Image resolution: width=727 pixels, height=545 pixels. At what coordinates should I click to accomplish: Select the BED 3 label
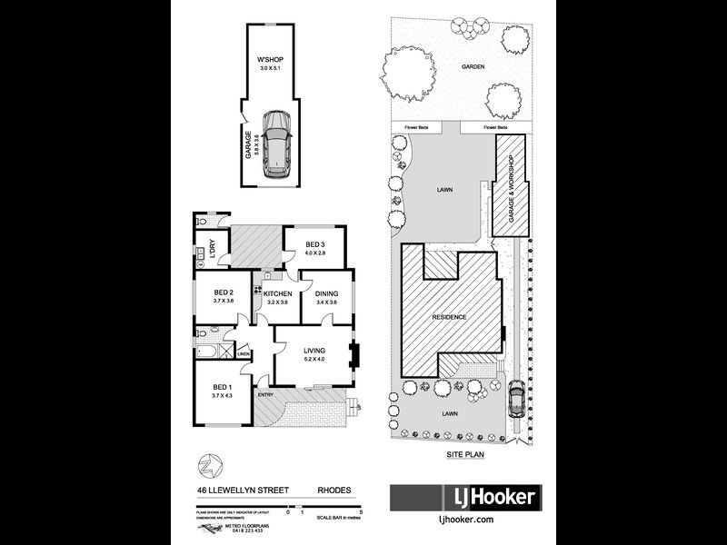click(x=314, y=244)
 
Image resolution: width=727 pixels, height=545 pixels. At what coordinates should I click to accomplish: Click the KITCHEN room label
click(x=277, y=294)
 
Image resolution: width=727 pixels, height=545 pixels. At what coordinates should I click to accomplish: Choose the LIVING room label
click(x=314, y=349)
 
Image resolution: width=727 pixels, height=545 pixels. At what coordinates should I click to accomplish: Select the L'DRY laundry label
click(x=212, y=248)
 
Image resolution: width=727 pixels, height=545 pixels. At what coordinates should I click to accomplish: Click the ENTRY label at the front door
click(x=265, y=394)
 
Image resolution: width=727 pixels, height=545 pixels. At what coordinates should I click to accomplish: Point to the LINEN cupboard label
click(x=244, y=354)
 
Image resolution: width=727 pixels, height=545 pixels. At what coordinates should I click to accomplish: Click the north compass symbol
click(x=209, y=466)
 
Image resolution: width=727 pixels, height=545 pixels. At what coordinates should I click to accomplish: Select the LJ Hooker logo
click(x=465, y=497)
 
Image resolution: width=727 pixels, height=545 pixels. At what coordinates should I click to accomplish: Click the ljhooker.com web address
click(x=465, y=520)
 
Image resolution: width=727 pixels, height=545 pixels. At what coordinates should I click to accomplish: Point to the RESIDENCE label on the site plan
click(x=449, y=317)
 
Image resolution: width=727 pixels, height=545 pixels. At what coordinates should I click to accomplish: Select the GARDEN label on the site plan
click(x=472, y=66)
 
